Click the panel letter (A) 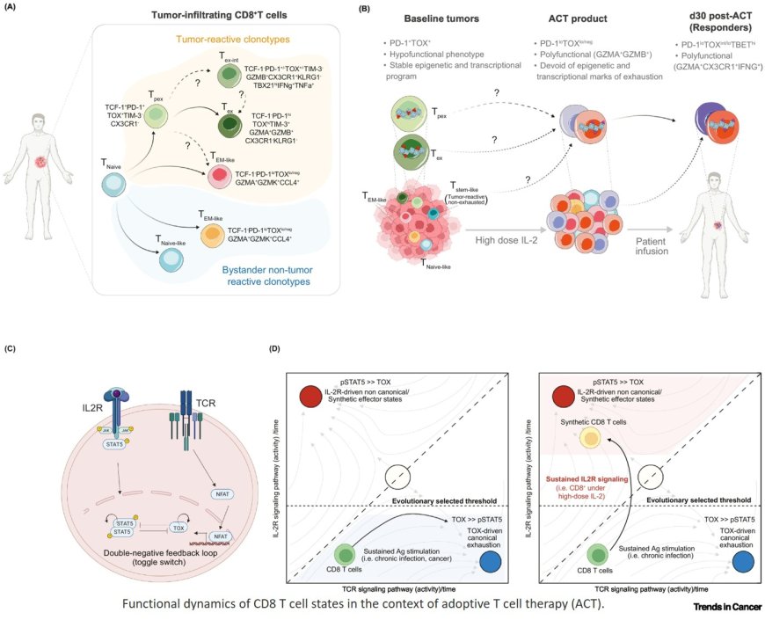[x=15, y=9]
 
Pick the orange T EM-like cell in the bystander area [x=212, y=237]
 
